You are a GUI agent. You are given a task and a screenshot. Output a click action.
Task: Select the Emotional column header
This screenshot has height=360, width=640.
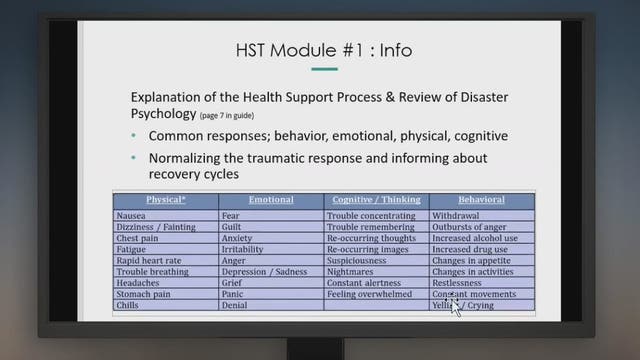[270, 199]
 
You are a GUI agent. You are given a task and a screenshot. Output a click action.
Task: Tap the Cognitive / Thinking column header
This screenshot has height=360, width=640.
[376, 199]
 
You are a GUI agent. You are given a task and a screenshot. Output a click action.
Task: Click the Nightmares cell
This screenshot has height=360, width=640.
[352, 271]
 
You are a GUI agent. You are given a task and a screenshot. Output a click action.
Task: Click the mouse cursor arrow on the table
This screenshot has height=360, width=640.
[456, 304]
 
